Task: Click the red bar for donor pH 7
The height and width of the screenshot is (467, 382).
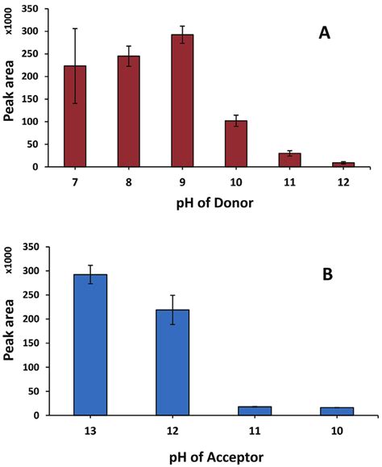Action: (75, 117)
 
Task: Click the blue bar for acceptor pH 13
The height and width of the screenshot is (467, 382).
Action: (90, 345)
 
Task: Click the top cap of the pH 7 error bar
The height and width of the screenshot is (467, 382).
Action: (75, 29)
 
